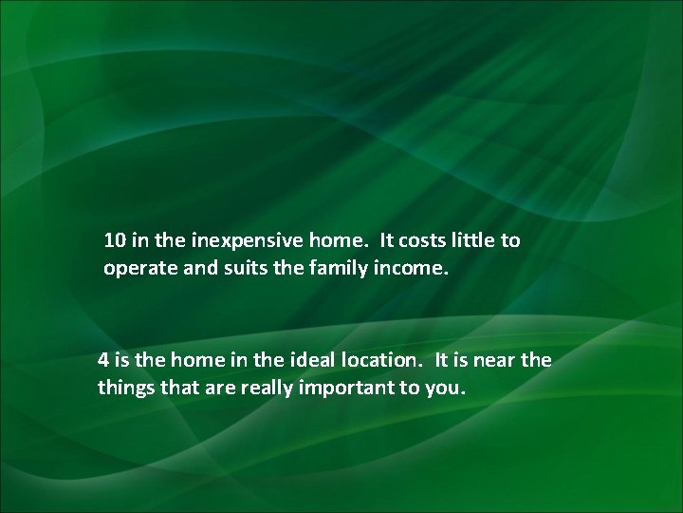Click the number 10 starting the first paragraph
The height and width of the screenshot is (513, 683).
pos(115,240)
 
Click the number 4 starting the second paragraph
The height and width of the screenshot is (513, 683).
pos(103,360)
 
